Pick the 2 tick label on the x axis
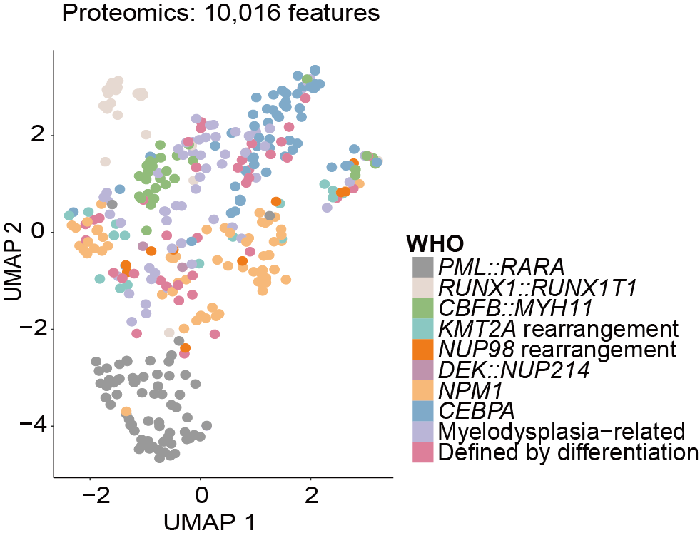(310, 495)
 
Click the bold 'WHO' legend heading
(435, 243)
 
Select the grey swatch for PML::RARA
(423, 267)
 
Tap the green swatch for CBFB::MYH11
(423, 308)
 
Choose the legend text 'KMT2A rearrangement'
(557, 329)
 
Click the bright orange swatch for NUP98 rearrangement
(423, 350)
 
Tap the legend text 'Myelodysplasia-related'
(562, 432)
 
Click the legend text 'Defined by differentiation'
(567, 452)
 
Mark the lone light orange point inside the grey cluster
(126, 412)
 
